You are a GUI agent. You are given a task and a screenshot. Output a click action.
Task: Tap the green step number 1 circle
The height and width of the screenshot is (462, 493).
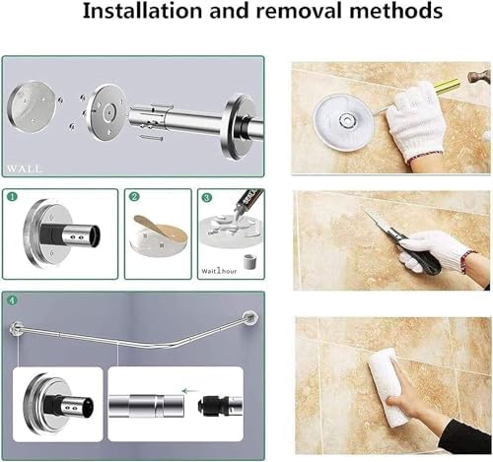13,196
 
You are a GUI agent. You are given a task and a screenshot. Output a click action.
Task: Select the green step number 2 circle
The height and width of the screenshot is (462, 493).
134,196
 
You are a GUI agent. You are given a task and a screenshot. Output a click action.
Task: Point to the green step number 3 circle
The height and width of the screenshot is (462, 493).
207,196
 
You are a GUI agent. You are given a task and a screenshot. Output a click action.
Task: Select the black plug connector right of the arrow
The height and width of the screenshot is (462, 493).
228,403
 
